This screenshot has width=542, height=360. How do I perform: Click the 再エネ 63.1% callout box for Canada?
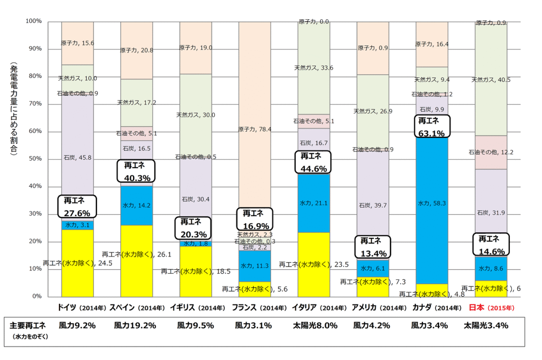(431, 127)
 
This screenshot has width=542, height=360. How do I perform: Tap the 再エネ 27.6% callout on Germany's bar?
(77, 206)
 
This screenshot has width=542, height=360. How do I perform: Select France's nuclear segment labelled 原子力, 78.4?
(255, 130)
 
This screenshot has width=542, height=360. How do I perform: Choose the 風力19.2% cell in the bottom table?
(135, 326)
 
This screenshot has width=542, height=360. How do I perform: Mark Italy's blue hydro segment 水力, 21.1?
(314, 203)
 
